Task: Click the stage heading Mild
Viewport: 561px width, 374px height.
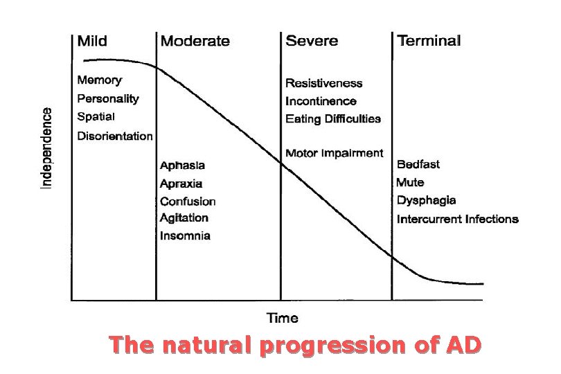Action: point(92,41)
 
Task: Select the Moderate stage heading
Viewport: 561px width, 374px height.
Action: point(195,41)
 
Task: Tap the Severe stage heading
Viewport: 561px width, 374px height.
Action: point(312,41)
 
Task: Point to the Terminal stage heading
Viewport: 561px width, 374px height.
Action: point(429,41)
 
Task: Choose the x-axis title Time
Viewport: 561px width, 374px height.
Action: point(283,318)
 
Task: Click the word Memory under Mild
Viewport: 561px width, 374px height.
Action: point(100,80)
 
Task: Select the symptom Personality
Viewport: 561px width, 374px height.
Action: point(108,99)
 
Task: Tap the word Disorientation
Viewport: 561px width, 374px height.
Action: point(115,136)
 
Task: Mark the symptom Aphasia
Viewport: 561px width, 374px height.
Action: point(182,166)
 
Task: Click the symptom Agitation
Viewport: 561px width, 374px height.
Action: point(184,217)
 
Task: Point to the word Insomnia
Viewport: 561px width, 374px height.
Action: point(185,235)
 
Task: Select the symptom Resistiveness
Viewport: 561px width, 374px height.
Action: point(324,83)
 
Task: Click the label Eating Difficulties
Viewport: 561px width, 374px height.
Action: point(333,118)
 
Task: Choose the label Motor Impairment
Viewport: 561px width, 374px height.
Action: point(334,153)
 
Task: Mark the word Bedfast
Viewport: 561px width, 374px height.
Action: point(418,165)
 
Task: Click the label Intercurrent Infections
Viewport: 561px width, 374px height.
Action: point(457,219)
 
